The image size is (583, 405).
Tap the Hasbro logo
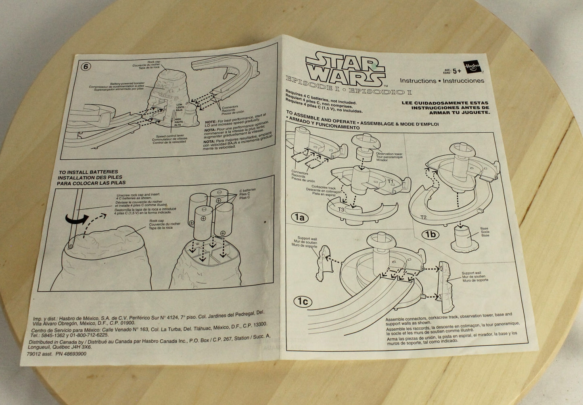pos(472,67)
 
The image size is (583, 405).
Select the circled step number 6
pos(85,67)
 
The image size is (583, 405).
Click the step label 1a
pos(299,217)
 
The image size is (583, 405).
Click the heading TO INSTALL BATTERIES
pos(88,172)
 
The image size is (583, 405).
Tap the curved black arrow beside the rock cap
pos(77,219)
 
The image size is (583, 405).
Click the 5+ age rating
pos(456,71)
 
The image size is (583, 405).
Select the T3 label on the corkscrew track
pos(341,209)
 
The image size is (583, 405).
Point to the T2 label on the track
pos(423,217)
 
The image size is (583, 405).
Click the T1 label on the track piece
pos(391,181)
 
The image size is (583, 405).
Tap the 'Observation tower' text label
pos(389,154)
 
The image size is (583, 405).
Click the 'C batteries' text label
pos(247,190)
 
